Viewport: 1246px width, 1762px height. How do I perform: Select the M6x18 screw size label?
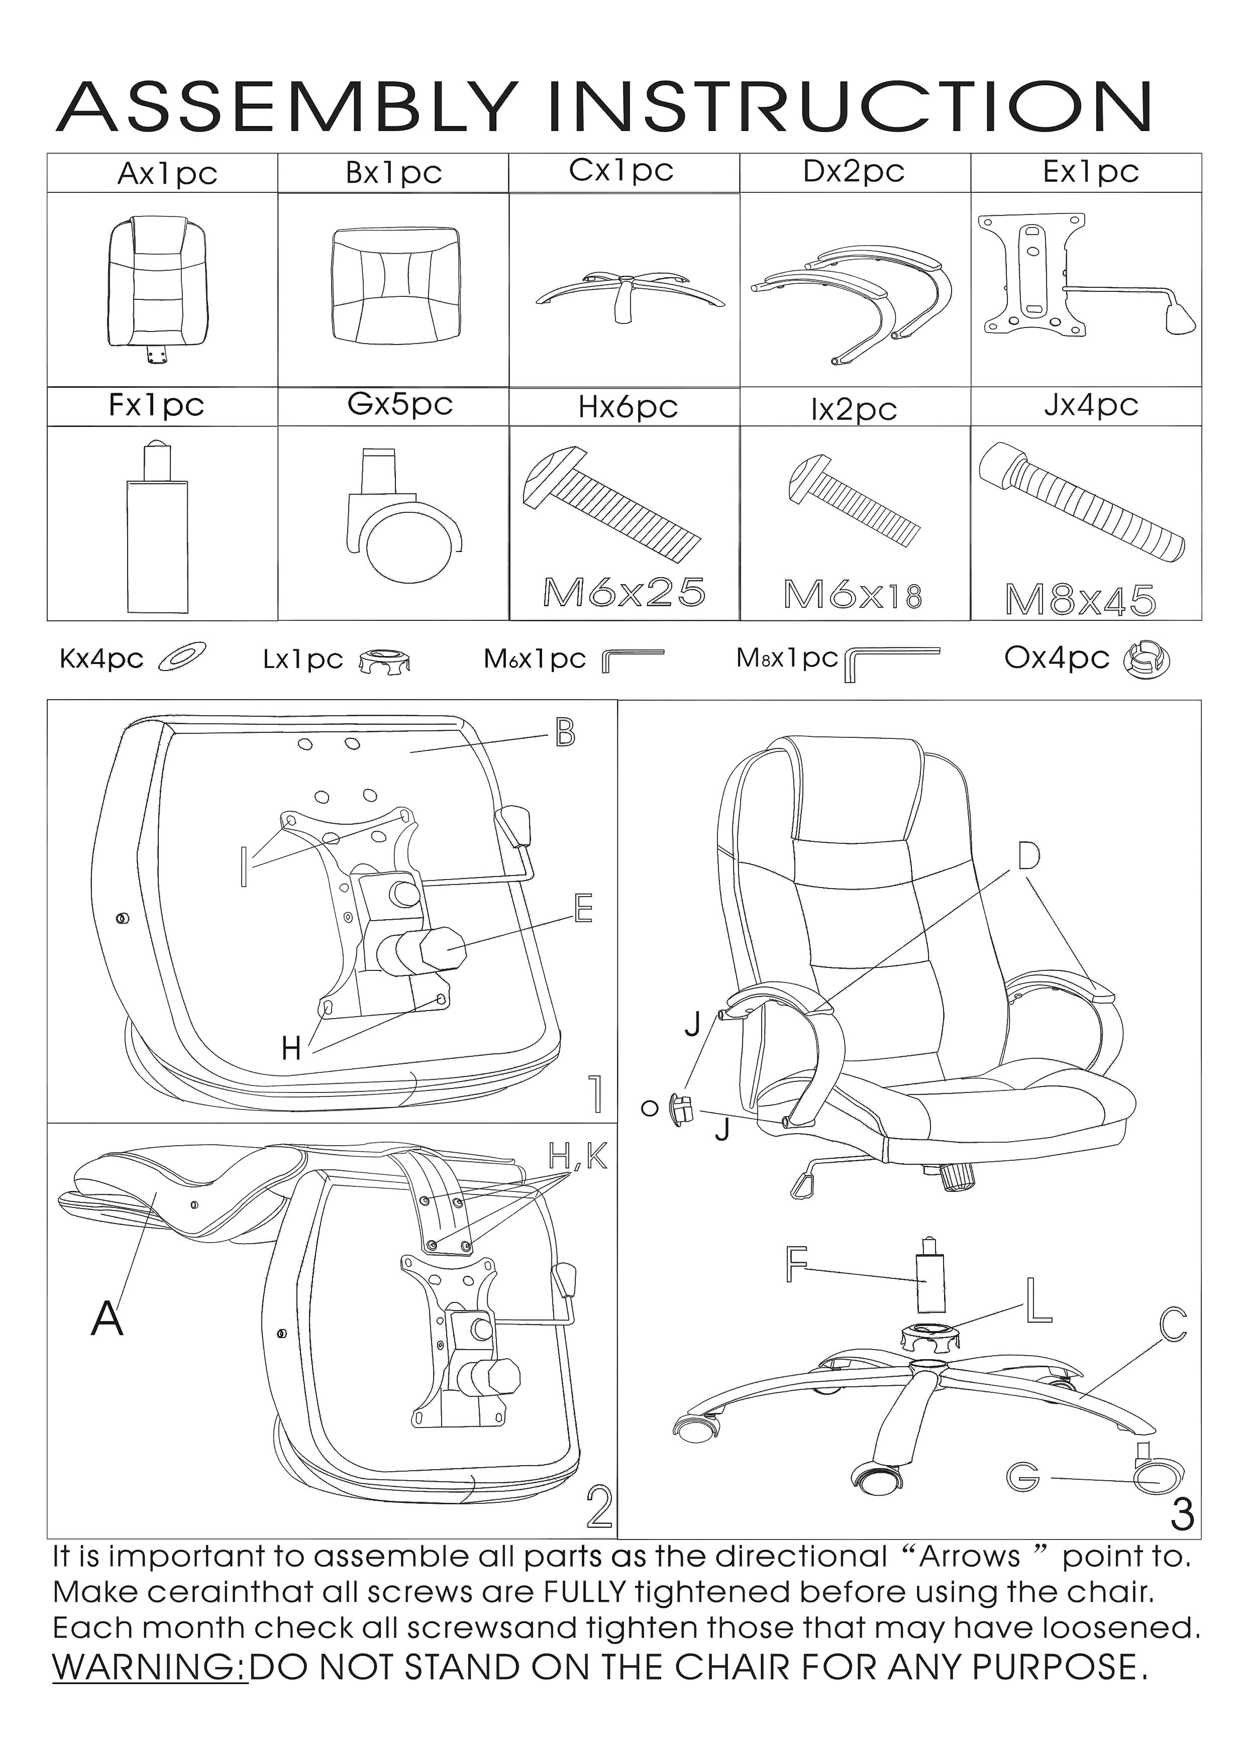click(x=852, y=594)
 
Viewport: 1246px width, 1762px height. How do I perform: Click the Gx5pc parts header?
click(x=400, y=404)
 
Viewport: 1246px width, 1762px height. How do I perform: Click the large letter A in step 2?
click(x=108, y=1319)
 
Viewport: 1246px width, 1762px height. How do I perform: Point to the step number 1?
click(x=595, y=1093)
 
